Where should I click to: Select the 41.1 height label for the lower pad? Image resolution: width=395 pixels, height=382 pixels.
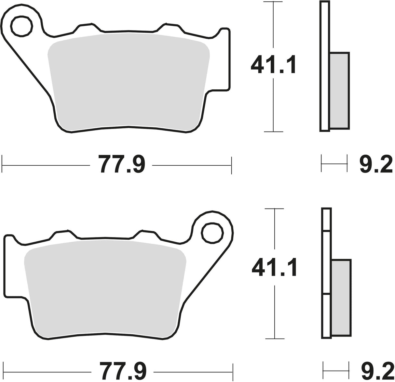(274, 267)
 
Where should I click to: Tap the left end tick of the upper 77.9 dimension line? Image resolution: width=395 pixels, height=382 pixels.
(2, 165)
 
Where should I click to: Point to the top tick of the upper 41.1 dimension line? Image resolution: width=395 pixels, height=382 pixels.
(273, 2)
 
